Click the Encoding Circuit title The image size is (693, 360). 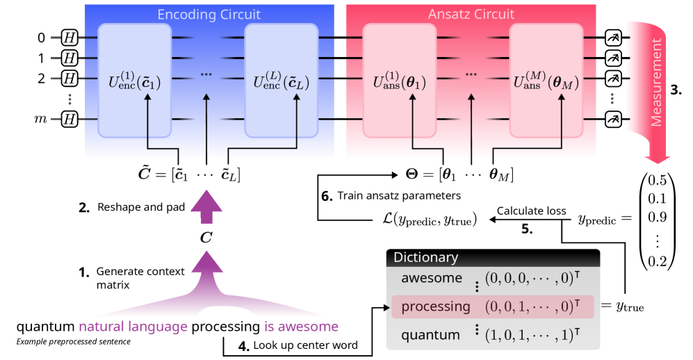[x=209, y=15]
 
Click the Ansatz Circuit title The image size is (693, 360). [x=471, y=15]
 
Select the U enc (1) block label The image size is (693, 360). [x=134, y=81]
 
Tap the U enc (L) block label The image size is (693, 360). [x=281, y=81]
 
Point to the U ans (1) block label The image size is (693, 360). [x=399, y=81]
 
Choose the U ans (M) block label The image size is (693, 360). [x=546, y=81]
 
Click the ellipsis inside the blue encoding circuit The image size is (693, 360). [x=206, y=74]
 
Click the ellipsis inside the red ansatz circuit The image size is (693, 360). [x=471, y=74]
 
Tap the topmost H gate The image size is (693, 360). [x=70, y=37]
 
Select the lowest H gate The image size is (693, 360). [x=70, y=120]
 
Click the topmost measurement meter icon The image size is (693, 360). [x=613, y=37]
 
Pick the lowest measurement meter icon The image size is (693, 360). [x=613, y=120]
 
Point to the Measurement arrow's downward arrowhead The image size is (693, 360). [x=657, y=159]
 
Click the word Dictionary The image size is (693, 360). [x=425, y=257]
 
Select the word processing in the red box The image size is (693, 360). [x=436, y=306]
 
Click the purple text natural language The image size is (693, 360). [x=133, y=327]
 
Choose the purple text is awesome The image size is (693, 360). [x=301, y=327]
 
